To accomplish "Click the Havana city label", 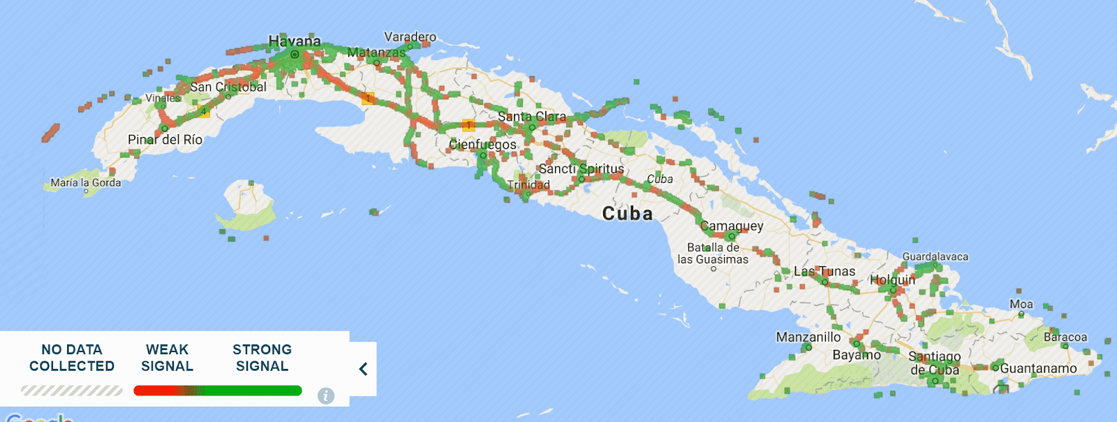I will click(x=295, y=41).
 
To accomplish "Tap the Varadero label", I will click(x=410, y=36).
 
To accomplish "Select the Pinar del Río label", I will click(x=165, y=140).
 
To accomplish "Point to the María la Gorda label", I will click(x=85, y=182).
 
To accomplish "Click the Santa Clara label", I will click(x=531, y=117).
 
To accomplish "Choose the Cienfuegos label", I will click(x=482, y=145).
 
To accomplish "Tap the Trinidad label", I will click(x=528, y=184).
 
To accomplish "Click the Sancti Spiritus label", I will click(x=581, y=169).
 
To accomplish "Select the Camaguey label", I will click(x=732, y=226).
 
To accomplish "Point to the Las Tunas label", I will click(x=824, y=271).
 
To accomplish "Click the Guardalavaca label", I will click(x=935, y=256).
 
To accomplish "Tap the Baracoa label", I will click(x=1065, y=337).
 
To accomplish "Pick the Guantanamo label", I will click(x=1038, y=368).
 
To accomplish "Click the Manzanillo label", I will click(x=808, y=337).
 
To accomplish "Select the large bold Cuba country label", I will click(x=627, y=214).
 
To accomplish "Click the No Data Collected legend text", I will click(x=72, y=358).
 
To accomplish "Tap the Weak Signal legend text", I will click(x=167, y=358).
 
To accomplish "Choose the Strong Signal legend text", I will click(x=262, y=358).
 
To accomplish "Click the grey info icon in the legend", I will click(x=326, y=395).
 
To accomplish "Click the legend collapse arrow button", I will click(x=363, y=369).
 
